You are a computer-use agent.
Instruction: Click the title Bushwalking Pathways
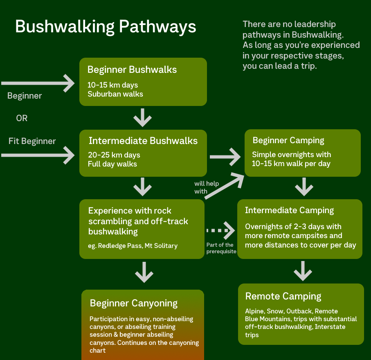pyautogui.click(x=106, y=27)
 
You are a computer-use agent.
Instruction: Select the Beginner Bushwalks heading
pyautogui.click(x=132, y=70)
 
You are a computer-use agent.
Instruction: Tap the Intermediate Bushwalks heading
pyautogui.click(x=143, y=141)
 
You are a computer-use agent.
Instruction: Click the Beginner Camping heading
pyautogui.click(x=288, y=141)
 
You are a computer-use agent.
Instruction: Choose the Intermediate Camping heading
pyautogui.click(x=289, y=211)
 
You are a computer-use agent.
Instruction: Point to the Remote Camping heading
pyautogui.click(x=283, y=297)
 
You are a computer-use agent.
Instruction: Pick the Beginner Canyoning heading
pyautogui.click(x=134, y=304)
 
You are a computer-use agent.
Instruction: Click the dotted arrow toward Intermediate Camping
pyautogui.click(x=221, y=230)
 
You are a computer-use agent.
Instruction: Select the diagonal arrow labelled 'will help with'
pyautogui.click(x=224, y=187)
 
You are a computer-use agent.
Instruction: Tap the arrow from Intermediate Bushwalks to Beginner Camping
pyautogui.click(x=225, y=156)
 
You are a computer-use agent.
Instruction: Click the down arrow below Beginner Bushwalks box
pyautogui.click(x=143, y=117)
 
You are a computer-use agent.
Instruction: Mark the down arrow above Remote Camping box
pyautogui.click(x=303, y=271)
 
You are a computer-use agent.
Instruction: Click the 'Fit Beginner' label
pyautogui.click(x=32, y=142)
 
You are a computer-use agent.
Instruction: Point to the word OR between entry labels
pyautogui.click(x=22, y=119)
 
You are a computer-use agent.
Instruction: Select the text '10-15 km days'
pyautogui.click(x=112, y=85)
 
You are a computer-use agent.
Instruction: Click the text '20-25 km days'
pyautogui.click(x=114, y=155)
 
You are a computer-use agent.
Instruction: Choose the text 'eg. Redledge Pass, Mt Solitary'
pyautogui.click(x=133, y=246)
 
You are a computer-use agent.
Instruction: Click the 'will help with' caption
pyautogui.click(x=206, y=187)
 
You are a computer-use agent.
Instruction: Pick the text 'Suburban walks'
pyautogui.click(x=115, y=94)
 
